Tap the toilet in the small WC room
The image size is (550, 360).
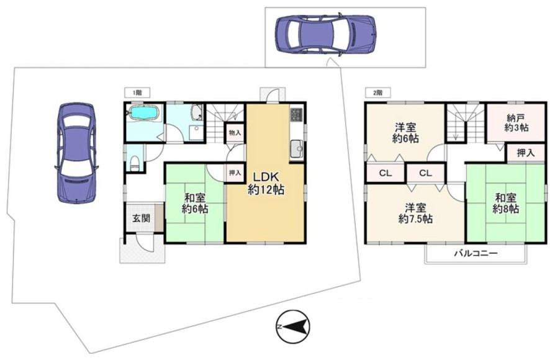click(x=135, y=163)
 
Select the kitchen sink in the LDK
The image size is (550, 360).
click(x=297, y=149)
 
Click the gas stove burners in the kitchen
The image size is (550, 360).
click(x=296, y=114)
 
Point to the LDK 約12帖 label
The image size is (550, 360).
click(x=266, y=182)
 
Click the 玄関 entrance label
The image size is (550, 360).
click(x=141, y=218)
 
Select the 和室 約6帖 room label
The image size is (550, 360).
click(x=195, y=203)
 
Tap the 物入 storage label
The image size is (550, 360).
click(x=235, y=133)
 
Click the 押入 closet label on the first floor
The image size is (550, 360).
click(x=235, y=173)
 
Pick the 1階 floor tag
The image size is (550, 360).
click(x=137, y=92)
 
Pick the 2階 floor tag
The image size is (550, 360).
click(x=378, y=92)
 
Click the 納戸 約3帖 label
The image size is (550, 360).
click(x=516, y=122)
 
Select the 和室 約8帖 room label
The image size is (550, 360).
click(x=506, y=203)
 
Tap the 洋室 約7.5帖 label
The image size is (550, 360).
click(x=415, y=213)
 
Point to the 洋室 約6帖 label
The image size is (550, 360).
click(x=405, y=132)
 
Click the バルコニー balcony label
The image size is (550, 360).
click(x=476, y=253)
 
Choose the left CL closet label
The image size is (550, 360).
click(x=385, y=173)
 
